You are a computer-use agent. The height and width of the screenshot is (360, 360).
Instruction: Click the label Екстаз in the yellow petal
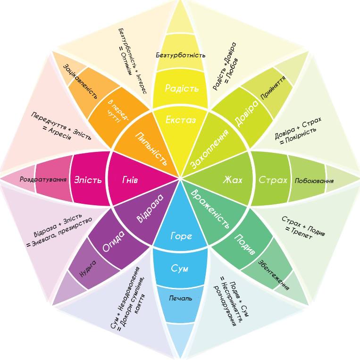click(x=181, y=120)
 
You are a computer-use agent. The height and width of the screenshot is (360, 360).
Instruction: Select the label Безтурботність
click(x=181, y=55)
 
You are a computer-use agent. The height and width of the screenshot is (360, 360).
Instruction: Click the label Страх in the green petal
click(x=273, y=180)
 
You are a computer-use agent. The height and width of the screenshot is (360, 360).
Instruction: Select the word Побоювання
click(x=314, y=180)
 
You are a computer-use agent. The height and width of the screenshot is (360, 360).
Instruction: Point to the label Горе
click(x=181, y=236)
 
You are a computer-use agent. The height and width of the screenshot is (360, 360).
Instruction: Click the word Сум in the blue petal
click(x=179, y=268)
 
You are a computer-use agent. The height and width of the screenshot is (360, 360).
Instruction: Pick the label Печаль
click(x=181, y=299)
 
